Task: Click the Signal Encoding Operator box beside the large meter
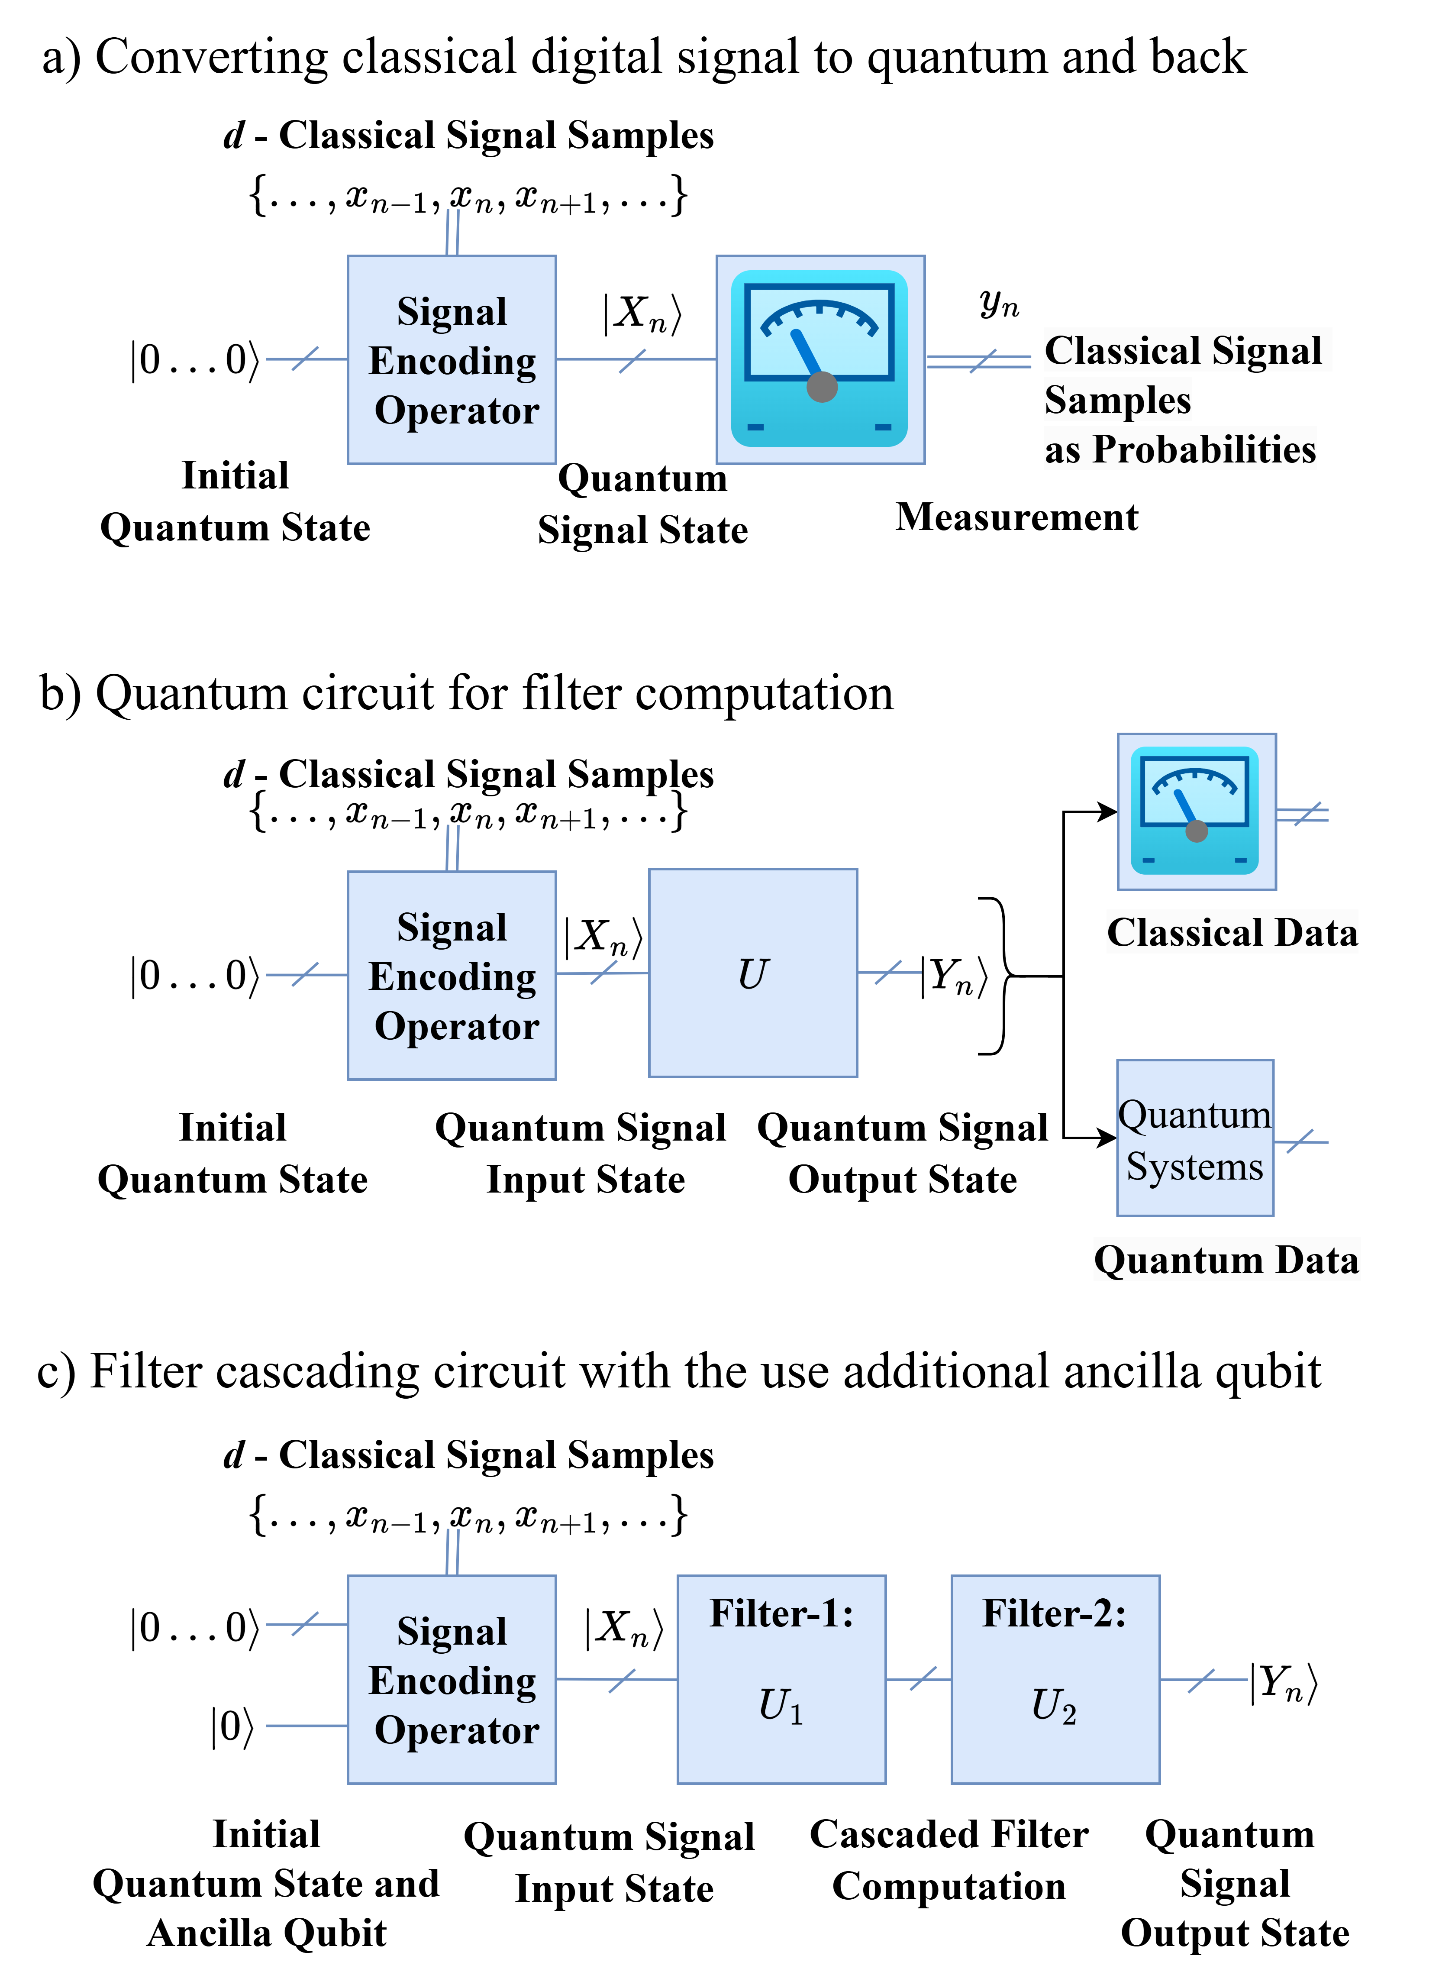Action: pos(451,360)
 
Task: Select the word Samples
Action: pos(1118,400)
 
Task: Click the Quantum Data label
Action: pos(1226,1260)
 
